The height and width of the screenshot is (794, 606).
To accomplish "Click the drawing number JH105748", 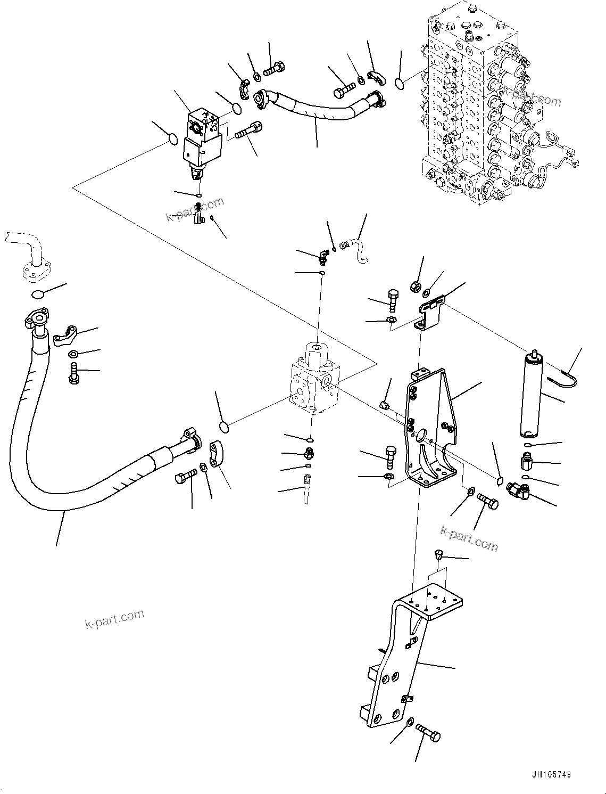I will tap(550, 774).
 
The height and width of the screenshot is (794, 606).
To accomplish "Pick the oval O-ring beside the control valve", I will tap(400, 82).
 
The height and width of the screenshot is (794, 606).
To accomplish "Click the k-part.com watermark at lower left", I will tap(114, 618).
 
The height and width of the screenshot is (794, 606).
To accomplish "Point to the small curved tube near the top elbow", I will tap(356, 250).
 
